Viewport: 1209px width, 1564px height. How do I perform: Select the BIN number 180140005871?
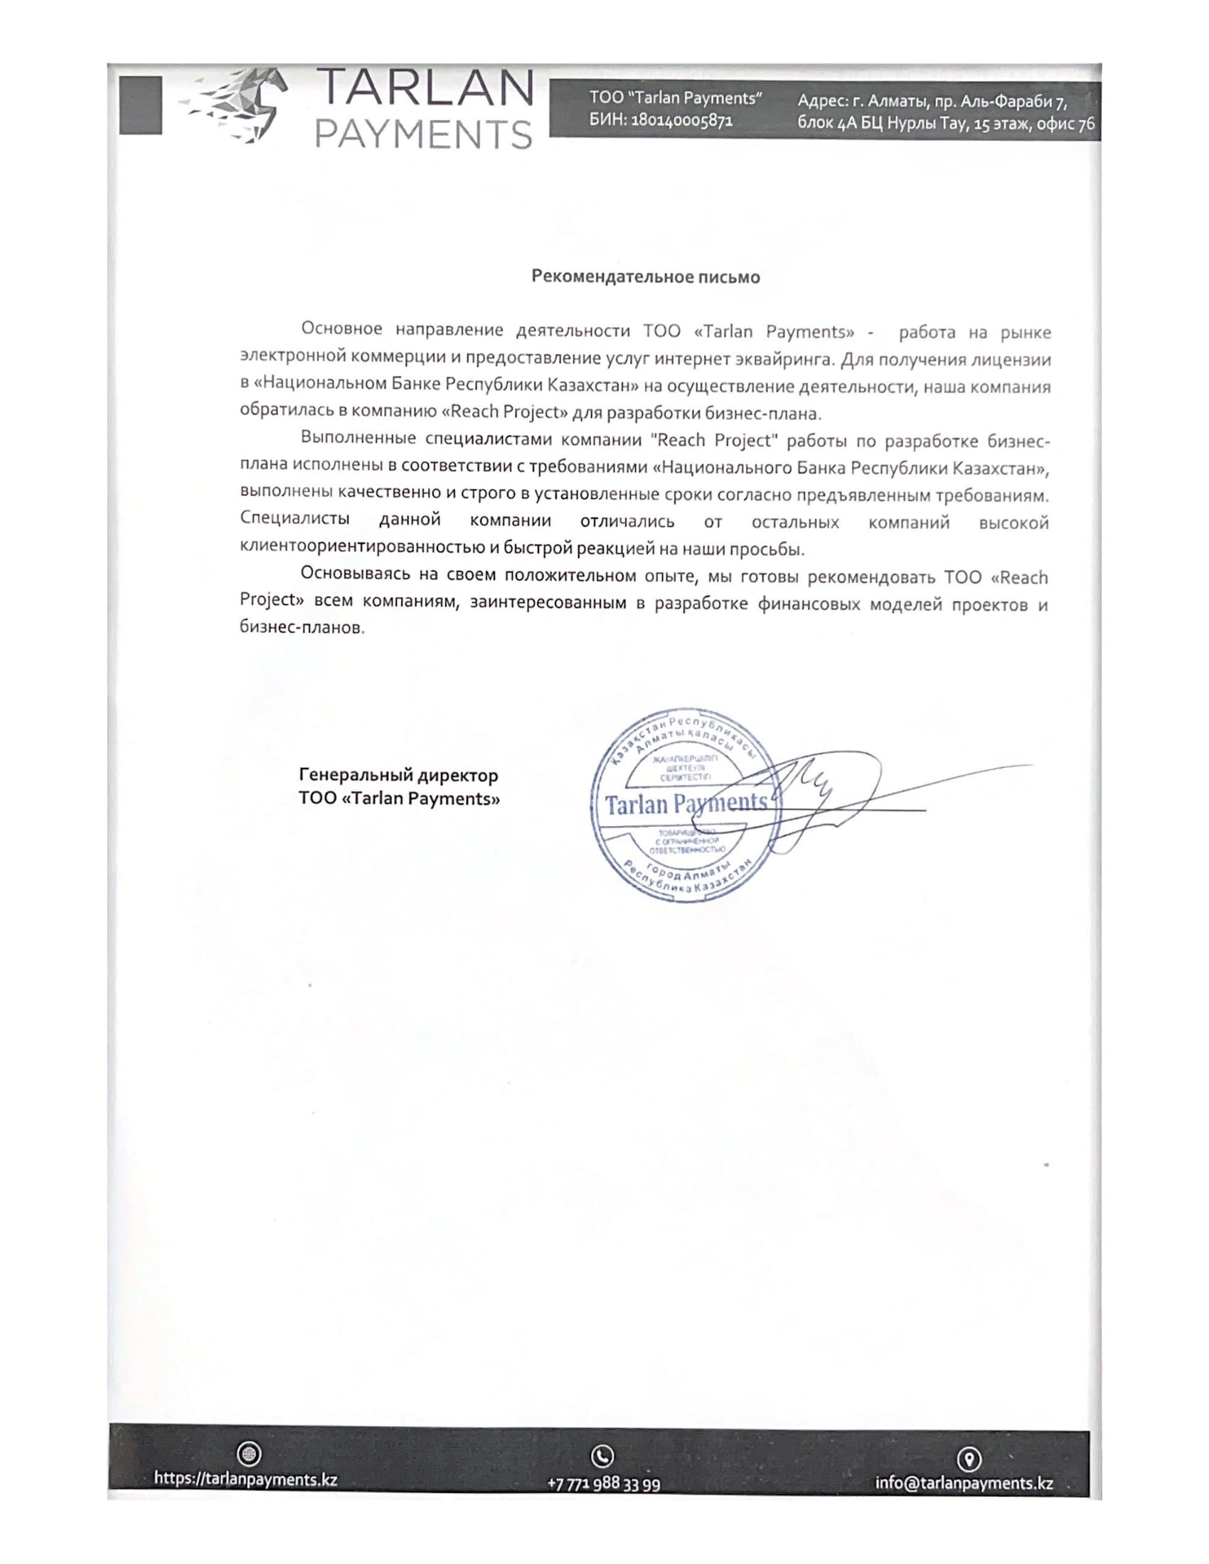pyautogui.click(x=681, y=120)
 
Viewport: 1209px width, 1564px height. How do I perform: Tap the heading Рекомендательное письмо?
pyautogui.click(x=645, y=277)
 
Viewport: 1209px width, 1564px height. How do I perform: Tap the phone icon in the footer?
pyautogui.click(x=602, y=1455)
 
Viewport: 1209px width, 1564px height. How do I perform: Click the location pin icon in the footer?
pyautogui.click(x=969, y=1458)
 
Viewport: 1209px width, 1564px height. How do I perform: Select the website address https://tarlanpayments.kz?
pyautogui.click(x=245, y=1479)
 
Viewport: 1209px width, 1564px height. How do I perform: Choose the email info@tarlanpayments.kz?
pyautogui.click(x=964, y=1482)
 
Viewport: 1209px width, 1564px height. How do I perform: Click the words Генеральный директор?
pyautogui.click(x=398, y=775)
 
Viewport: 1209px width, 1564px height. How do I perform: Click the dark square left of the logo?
pyautogui.click(x=140, y=105)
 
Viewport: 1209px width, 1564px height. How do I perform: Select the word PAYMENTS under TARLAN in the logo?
pyautogui.click(x=424, y=133)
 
